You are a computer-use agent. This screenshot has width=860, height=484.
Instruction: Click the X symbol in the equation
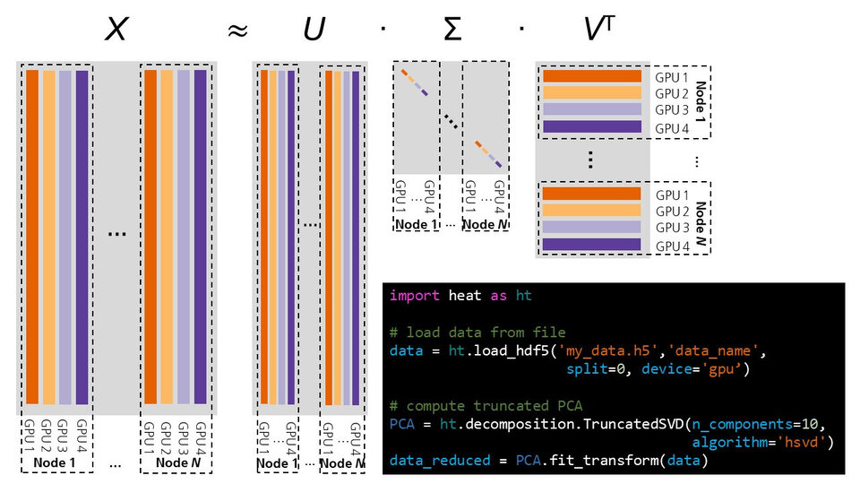pos(115,30)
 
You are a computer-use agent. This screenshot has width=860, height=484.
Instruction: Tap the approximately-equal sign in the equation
pos(236,31)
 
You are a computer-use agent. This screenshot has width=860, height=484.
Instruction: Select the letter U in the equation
pos(313,30)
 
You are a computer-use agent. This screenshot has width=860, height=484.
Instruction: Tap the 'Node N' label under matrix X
pos(177,462)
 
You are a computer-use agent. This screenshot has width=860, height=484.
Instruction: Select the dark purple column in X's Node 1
pos(82,238)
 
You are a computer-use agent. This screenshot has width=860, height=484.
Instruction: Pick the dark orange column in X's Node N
pos(150,238)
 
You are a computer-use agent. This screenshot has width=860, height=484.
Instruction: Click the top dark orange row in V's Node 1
pos(592,77)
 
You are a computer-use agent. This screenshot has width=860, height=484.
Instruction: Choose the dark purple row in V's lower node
pos(592,245)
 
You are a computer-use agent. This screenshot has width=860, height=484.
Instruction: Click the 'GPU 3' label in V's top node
pos(671,109)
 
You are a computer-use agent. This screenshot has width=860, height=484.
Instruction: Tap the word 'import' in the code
pos(415,296)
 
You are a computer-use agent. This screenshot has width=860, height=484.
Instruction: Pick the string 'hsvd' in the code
pos(806,443)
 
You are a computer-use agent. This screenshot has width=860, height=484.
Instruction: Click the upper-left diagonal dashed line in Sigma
pos(415,82)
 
